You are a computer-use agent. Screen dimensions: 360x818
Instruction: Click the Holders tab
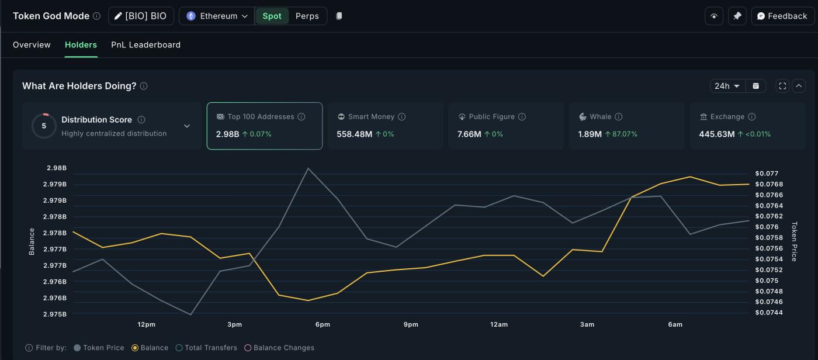[81, 45]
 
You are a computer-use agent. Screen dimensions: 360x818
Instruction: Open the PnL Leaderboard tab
[145, 45]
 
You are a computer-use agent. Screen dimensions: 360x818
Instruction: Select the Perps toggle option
[307, 16]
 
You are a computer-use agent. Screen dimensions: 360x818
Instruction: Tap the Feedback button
[782, 16]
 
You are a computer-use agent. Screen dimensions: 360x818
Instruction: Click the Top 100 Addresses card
[264, 126]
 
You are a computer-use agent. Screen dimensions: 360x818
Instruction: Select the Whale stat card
[626, 126]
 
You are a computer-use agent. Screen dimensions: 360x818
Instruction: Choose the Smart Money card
[385, 126]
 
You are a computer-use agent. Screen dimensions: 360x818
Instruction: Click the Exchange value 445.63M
[716, 134]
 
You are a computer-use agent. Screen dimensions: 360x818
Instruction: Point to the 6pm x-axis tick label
[323, 324]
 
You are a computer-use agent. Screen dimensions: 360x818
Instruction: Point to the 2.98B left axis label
[57, 168]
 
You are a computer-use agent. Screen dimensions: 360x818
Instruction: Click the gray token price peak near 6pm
[308, 168]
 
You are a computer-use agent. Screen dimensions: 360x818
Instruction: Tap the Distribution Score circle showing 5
[44, 126]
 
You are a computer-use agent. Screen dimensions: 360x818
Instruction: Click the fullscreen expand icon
[782, 86]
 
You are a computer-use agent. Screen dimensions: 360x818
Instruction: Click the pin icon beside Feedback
[737, 16]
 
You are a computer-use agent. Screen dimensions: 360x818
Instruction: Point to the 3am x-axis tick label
[587, 324]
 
